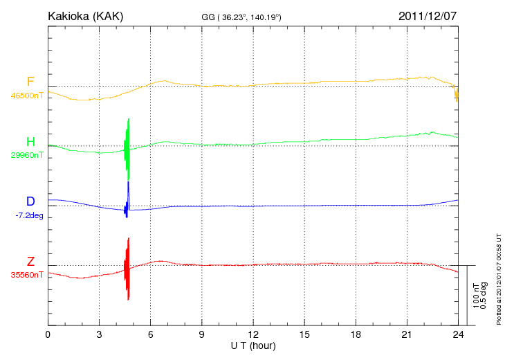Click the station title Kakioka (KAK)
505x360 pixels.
85,15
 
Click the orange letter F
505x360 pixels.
30,82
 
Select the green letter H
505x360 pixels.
30,142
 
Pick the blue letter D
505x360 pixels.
30,201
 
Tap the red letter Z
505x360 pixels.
30,261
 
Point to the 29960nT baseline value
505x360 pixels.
27,156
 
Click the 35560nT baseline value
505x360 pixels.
27,275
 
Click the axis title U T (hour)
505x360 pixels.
253,345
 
